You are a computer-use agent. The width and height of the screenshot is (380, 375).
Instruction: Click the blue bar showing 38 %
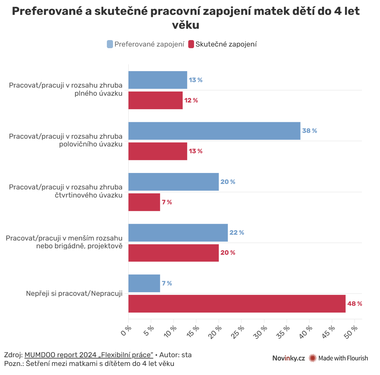(214, 131)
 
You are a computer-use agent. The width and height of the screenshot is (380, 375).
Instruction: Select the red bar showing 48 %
(237, 304)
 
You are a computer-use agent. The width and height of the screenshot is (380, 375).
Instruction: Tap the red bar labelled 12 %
(155, 100)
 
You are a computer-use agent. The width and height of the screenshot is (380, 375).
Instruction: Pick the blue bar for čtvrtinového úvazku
(173, 182)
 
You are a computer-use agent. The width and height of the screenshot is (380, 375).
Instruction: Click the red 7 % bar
(144, 202)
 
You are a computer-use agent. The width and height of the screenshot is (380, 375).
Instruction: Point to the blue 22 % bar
(178, 232)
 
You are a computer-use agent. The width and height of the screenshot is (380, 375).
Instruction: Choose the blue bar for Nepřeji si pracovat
(144, 283)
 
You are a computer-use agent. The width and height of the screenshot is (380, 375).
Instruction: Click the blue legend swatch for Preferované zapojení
(110, 44)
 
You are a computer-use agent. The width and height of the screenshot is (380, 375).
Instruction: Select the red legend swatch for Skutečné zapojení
(191, 44)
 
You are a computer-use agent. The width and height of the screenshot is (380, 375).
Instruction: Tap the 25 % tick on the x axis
(239, 332)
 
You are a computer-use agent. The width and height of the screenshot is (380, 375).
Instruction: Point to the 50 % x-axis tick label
(352, 332)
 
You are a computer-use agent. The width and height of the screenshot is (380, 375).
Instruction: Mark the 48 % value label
(354, 304)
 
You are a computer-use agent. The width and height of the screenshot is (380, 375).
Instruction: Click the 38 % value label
(309, 131)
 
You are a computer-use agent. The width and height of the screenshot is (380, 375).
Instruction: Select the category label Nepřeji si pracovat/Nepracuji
(74, 294)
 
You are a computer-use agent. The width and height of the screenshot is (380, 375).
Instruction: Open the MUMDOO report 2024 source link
(89, 355)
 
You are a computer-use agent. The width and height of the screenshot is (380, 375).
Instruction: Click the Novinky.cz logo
(288, 358)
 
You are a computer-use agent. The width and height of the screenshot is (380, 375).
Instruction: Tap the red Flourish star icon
(312, 358)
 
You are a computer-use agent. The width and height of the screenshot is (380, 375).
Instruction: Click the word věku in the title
(186, 25)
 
